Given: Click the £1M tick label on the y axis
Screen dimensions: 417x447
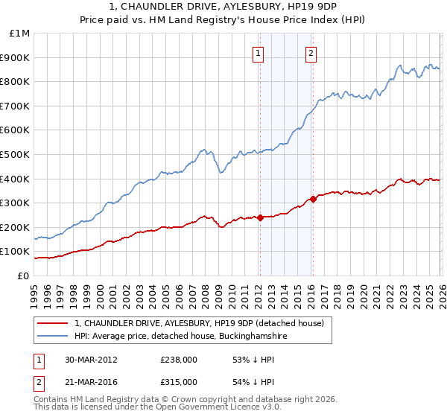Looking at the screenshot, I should [19, 34].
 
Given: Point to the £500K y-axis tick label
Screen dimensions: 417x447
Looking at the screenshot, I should [16, 154].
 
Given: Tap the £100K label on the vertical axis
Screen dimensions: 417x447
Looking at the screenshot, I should [16, 251].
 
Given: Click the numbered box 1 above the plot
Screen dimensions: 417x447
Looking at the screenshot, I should [259, 52].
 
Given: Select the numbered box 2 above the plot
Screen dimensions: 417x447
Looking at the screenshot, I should [311, 52].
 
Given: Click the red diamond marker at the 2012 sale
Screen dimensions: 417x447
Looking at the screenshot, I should [260, 217].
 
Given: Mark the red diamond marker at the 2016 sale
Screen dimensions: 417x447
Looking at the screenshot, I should [313, 199].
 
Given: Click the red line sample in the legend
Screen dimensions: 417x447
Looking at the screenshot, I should [53, 324].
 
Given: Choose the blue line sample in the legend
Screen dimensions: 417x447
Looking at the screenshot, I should [53, 337].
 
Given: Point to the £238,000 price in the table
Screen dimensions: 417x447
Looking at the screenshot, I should [179, 360].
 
